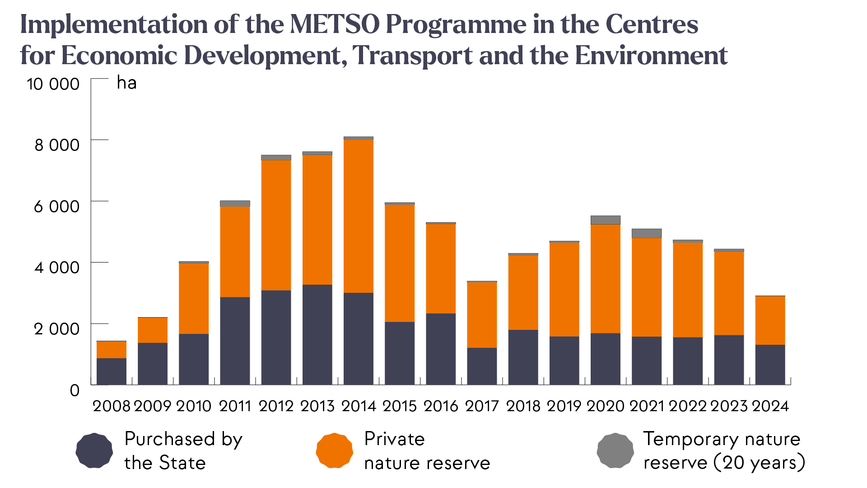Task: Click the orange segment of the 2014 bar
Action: [x=358, y=216]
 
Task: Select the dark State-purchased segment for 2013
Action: [x=317, y=334]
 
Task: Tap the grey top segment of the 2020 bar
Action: [x=605, y=220]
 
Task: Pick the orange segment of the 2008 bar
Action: [x=111, y=350]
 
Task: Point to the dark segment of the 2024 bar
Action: [x=770, y=365]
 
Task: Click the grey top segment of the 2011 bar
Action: [x=235, y=204]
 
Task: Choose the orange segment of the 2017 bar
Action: [x=482, y=315]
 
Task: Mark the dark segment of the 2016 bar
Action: [x=441, y=349]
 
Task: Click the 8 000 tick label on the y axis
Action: [x=57, y=145]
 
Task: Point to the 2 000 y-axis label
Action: [x=57, y=329]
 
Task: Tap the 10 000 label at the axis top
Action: [x=53, y=84]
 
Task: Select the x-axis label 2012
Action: [x=276, y=406]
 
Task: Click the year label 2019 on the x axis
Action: [x=564, y=406]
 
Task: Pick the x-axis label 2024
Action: [x=770, y=406]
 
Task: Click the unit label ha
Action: [x=126, y=83]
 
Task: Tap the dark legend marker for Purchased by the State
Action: [x=94, y=450]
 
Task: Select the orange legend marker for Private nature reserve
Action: [x=334, y=450]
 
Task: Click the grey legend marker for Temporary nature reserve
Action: [x=615, y=450]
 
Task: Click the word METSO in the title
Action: [x=335, y=24]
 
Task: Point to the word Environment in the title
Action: [x=651, y=56]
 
